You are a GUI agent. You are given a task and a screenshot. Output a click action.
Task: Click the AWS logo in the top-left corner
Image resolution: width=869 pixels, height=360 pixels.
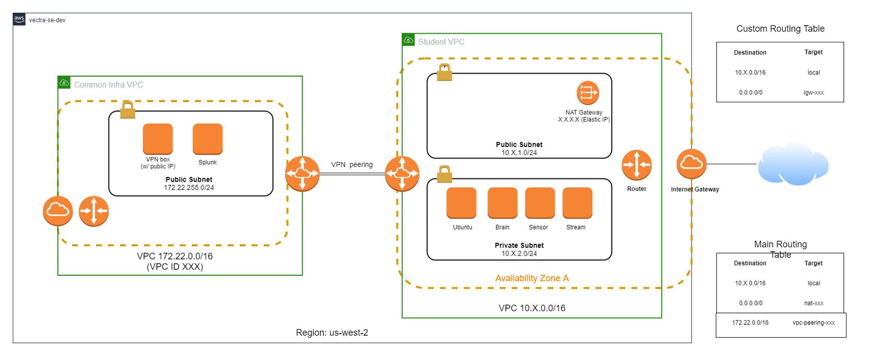click(x=19, y=19)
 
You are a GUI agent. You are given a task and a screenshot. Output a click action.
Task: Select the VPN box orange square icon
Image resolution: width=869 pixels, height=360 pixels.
click(x=158, y=138)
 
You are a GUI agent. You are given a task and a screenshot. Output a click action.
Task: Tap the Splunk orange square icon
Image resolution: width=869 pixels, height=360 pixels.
click(x=207, y=138)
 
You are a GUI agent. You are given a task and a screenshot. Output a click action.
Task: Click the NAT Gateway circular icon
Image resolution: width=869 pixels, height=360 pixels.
click(x=587, y=92)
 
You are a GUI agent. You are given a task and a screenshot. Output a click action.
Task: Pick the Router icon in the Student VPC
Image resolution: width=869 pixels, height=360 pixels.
click(x=636, y=165)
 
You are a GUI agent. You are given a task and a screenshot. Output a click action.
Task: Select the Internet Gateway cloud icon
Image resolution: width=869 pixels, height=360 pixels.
click(x=691, y=164)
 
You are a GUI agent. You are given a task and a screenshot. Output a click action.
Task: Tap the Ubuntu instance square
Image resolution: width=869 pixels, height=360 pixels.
click(x=461, y=202)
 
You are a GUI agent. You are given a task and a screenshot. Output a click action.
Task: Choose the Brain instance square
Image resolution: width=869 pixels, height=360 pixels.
click(x=502, y=202)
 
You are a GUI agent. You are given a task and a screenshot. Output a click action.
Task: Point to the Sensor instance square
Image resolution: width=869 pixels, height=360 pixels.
click(x=540, y=202)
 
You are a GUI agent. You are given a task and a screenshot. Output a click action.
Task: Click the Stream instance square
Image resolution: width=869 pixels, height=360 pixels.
click(x=577, y=202)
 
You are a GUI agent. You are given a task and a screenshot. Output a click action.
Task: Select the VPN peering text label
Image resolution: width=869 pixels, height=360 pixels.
click(x=351, y=164)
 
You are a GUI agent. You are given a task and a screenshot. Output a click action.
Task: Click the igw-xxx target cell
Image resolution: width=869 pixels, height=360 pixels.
click(x=813, y=92)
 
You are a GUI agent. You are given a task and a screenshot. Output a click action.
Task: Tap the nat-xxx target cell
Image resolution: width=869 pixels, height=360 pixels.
click(x=813, y=303)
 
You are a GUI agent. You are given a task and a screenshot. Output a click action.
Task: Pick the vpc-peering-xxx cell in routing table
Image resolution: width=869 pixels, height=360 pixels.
click(x=813, y=323)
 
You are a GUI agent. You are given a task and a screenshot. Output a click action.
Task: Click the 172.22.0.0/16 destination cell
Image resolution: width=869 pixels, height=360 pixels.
click(x=750, y=323)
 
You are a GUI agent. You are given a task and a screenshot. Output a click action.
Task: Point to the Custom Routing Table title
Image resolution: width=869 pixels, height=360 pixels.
click(x=780, y=29)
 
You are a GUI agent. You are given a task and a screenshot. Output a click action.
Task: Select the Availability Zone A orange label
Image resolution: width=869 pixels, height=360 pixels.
click(x=531, y=278)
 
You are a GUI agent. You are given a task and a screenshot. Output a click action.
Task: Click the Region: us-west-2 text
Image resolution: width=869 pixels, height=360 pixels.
click(x=332, y=332)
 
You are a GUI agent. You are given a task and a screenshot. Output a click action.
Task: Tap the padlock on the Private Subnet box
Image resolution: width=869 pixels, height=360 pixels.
click(x=444, y=174)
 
